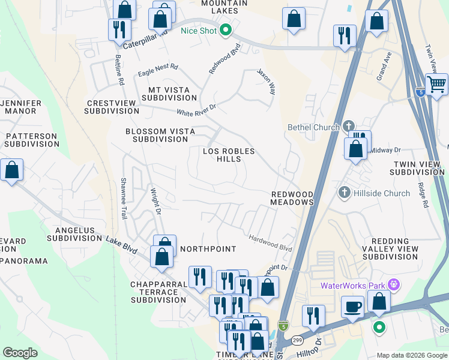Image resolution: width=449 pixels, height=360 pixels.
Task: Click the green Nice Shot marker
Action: (x=226, y=29)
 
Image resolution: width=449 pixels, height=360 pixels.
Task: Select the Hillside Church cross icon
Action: (x=344, y=193)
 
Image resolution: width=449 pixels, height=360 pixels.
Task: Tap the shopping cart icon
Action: (x=436, y=84)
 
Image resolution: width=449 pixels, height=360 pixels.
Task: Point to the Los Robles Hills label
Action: (x=229, y=155)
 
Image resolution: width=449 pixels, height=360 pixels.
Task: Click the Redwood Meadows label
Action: (x=292, y=199)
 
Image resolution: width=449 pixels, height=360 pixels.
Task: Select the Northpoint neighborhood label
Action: (x=208, y=248)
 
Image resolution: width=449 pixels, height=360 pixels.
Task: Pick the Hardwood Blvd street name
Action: (x=270, y=242)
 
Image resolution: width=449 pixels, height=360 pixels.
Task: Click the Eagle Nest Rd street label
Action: (x=158, y=70)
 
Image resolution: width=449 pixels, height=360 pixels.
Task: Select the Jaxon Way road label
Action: (x=266, y=81)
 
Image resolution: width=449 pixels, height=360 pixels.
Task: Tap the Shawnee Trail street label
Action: (x=124, y=197)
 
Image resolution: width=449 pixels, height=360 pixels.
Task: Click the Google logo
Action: (x=20, y=353)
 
